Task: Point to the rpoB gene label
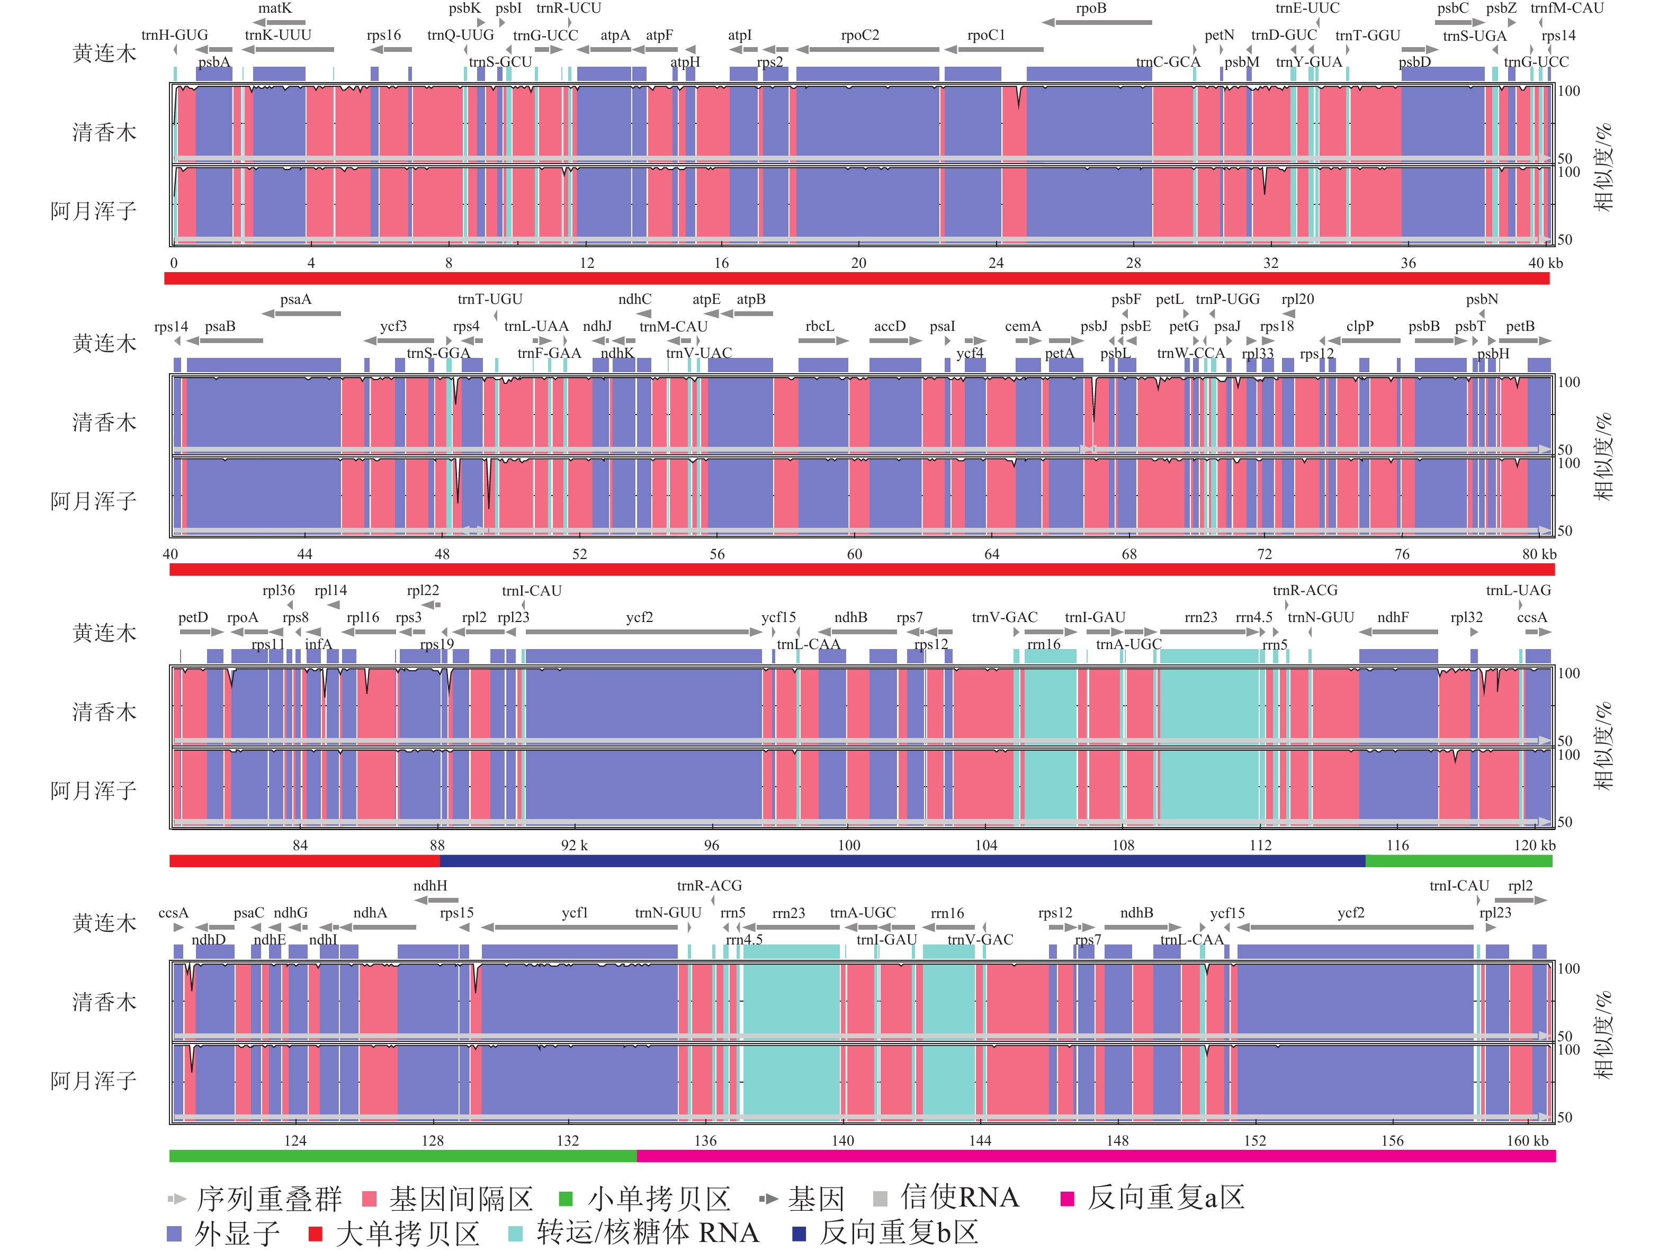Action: pos(1091,8)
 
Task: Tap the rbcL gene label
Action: pos(820,327)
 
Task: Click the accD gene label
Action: pos(890,327)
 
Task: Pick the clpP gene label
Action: pos(1360,327)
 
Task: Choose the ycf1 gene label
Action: pos(575,913)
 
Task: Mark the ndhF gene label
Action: pos(1393,618)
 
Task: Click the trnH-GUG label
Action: pos(174,35)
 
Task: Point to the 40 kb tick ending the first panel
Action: pos(1545,263)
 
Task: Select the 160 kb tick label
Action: pos(1527,1141)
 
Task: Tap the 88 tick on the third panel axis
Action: pos(437,845)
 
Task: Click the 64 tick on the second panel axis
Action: pos(992,554)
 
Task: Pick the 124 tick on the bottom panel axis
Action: pos(295,1141)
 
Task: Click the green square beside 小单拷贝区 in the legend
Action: pos(566,1199)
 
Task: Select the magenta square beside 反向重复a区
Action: pos(1067,1199)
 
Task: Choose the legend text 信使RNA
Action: pos(959,1198)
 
